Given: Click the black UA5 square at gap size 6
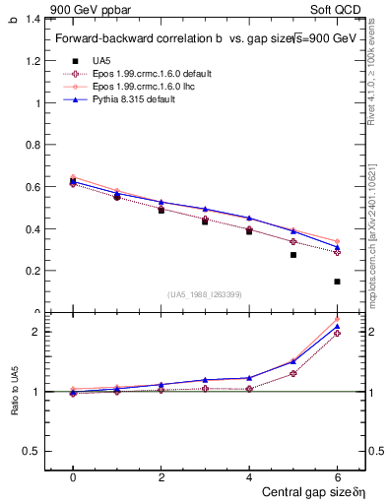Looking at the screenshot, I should coord(337,282).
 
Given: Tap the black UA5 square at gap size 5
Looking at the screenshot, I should coord(292,255).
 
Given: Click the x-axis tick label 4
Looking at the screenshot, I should coord(249,475).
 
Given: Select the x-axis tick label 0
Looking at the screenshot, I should coord(73,475).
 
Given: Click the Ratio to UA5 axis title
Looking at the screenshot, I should coord(14,405).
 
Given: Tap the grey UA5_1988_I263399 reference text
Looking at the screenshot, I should coord(205,294).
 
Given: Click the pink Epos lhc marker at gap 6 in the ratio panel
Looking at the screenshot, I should coord(337,320).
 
